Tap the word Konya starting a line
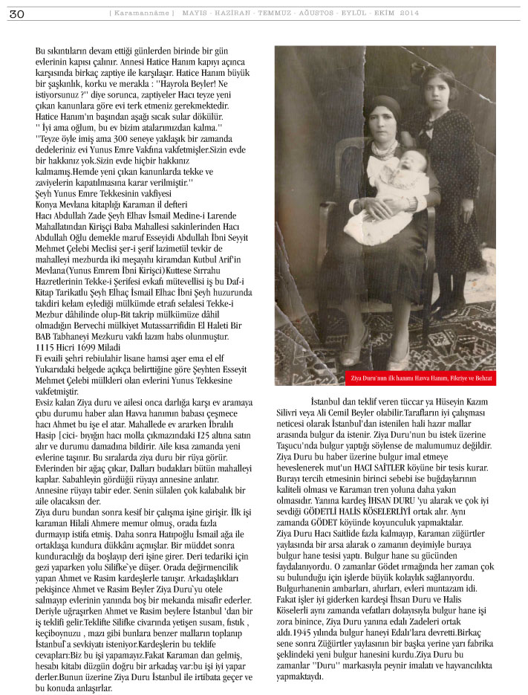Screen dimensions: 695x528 point(49,205)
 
